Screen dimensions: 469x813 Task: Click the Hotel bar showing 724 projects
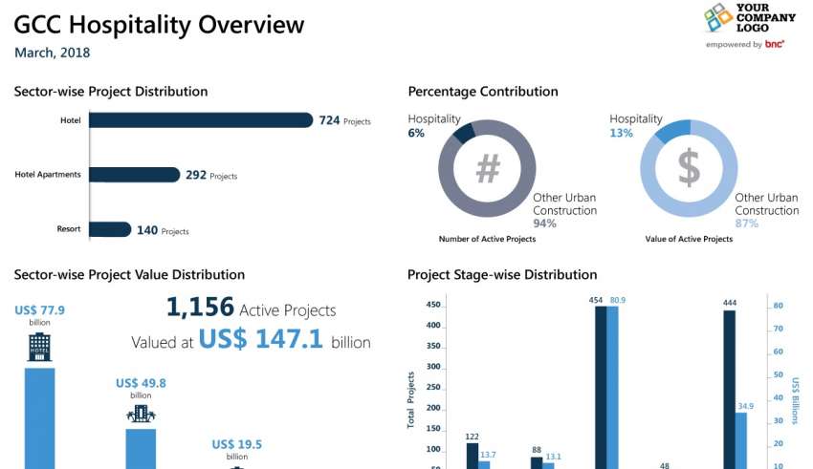(x=201, y=120)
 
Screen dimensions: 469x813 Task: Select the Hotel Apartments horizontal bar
(x=135, y=175)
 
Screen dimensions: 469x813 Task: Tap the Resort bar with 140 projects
(x=110, y=229)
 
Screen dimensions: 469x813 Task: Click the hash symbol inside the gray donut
(x=488, y=169)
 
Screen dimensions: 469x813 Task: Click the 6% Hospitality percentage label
(x=416, y=134)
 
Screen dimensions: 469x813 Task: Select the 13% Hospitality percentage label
(x=621, y=134)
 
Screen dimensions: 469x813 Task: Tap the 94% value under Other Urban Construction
(x=545, y=224)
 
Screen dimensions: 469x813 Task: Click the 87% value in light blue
(x=747, y=224)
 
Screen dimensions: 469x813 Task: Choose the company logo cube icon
(x=718, y=19)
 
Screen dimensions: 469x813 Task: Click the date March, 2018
(x=53, y=53)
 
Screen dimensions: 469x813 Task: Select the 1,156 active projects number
(x=200, y=308)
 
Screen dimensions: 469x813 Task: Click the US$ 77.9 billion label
(x=39, y=310)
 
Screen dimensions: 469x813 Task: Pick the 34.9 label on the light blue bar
(x=746, y=406)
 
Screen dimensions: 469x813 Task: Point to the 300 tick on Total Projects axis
(x=433, y=367)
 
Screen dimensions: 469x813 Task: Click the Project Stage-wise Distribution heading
(x=502, y=275)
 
